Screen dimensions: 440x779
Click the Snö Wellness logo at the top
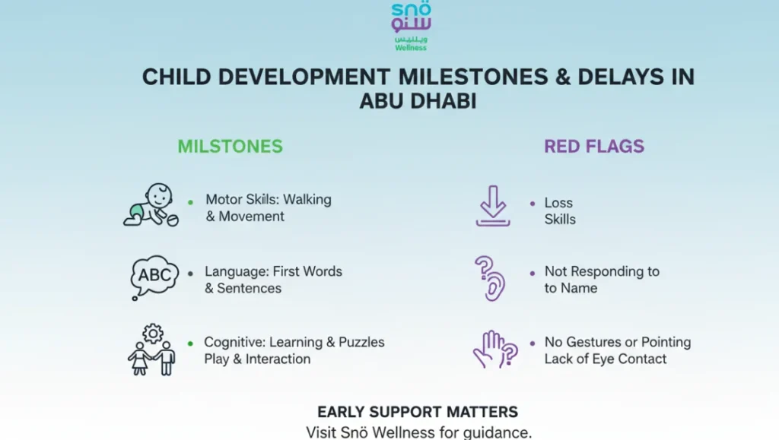[411, 26]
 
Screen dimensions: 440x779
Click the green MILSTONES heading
[230, 146]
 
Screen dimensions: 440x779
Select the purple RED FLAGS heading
[593, 146]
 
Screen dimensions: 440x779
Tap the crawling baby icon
[151, 204]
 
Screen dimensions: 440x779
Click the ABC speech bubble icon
[154, 275]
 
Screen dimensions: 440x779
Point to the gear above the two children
[153, 333]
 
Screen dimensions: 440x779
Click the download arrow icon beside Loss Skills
[493, 207]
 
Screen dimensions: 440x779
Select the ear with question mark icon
[491, 278]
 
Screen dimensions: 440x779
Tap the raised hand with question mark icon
[494, 350]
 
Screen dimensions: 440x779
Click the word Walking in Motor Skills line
[307, 200]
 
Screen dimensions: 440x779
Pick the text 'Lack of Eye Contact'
[605, 359]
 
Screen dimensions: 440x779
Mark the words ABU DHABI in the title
[418, 101]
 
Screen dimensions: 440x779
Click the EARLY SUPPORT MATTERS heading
[418, 412]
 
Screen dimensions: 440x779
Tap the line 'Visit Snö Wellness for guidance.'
[418, 432]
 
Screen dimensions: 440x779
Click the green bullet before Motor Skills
[190, 201]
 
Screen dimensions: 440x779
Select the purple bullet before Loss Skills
[532, 204]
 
